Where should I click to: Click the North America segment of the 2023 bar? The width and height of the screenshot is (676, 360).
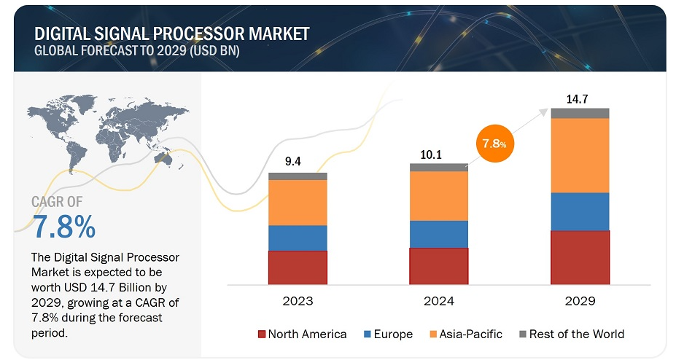(x=298, y=267)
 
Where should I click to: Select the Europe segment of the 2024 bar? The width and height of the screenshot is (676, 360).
(x=438, y=234)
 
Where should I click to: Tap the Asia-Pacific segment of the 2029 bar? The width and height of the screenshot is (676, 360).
(x=580, y=155)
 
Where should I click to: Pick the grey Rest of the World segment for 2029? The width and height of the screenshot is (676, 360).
(x=580, y=113)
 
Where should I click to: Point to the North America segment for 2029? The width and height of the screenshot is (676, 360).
(x=580, y=257)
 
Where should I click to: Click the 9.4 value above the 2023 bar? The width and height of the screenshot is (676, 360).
(x=292, y=161)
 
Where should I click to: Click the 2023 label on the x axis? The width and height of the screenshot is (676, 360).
(x=297, y=301)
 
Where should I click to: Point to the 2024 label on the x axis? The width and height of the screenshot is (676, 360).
(x=439, y=301)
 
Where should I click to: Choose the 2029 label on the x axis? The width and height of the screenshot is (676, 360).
(x=580, y=301)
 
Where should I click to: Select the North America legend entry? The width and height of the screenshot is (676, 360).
(x=302, y=334)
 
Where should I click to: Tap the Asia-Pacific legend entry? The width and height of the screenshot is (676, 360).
(x=466, y=334)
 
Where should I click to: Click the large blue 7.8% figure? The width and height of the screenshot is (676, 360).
(x=64, y=227)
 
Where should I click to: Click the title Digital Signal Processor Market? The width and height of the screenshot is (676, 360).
(x=171, y=34)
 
